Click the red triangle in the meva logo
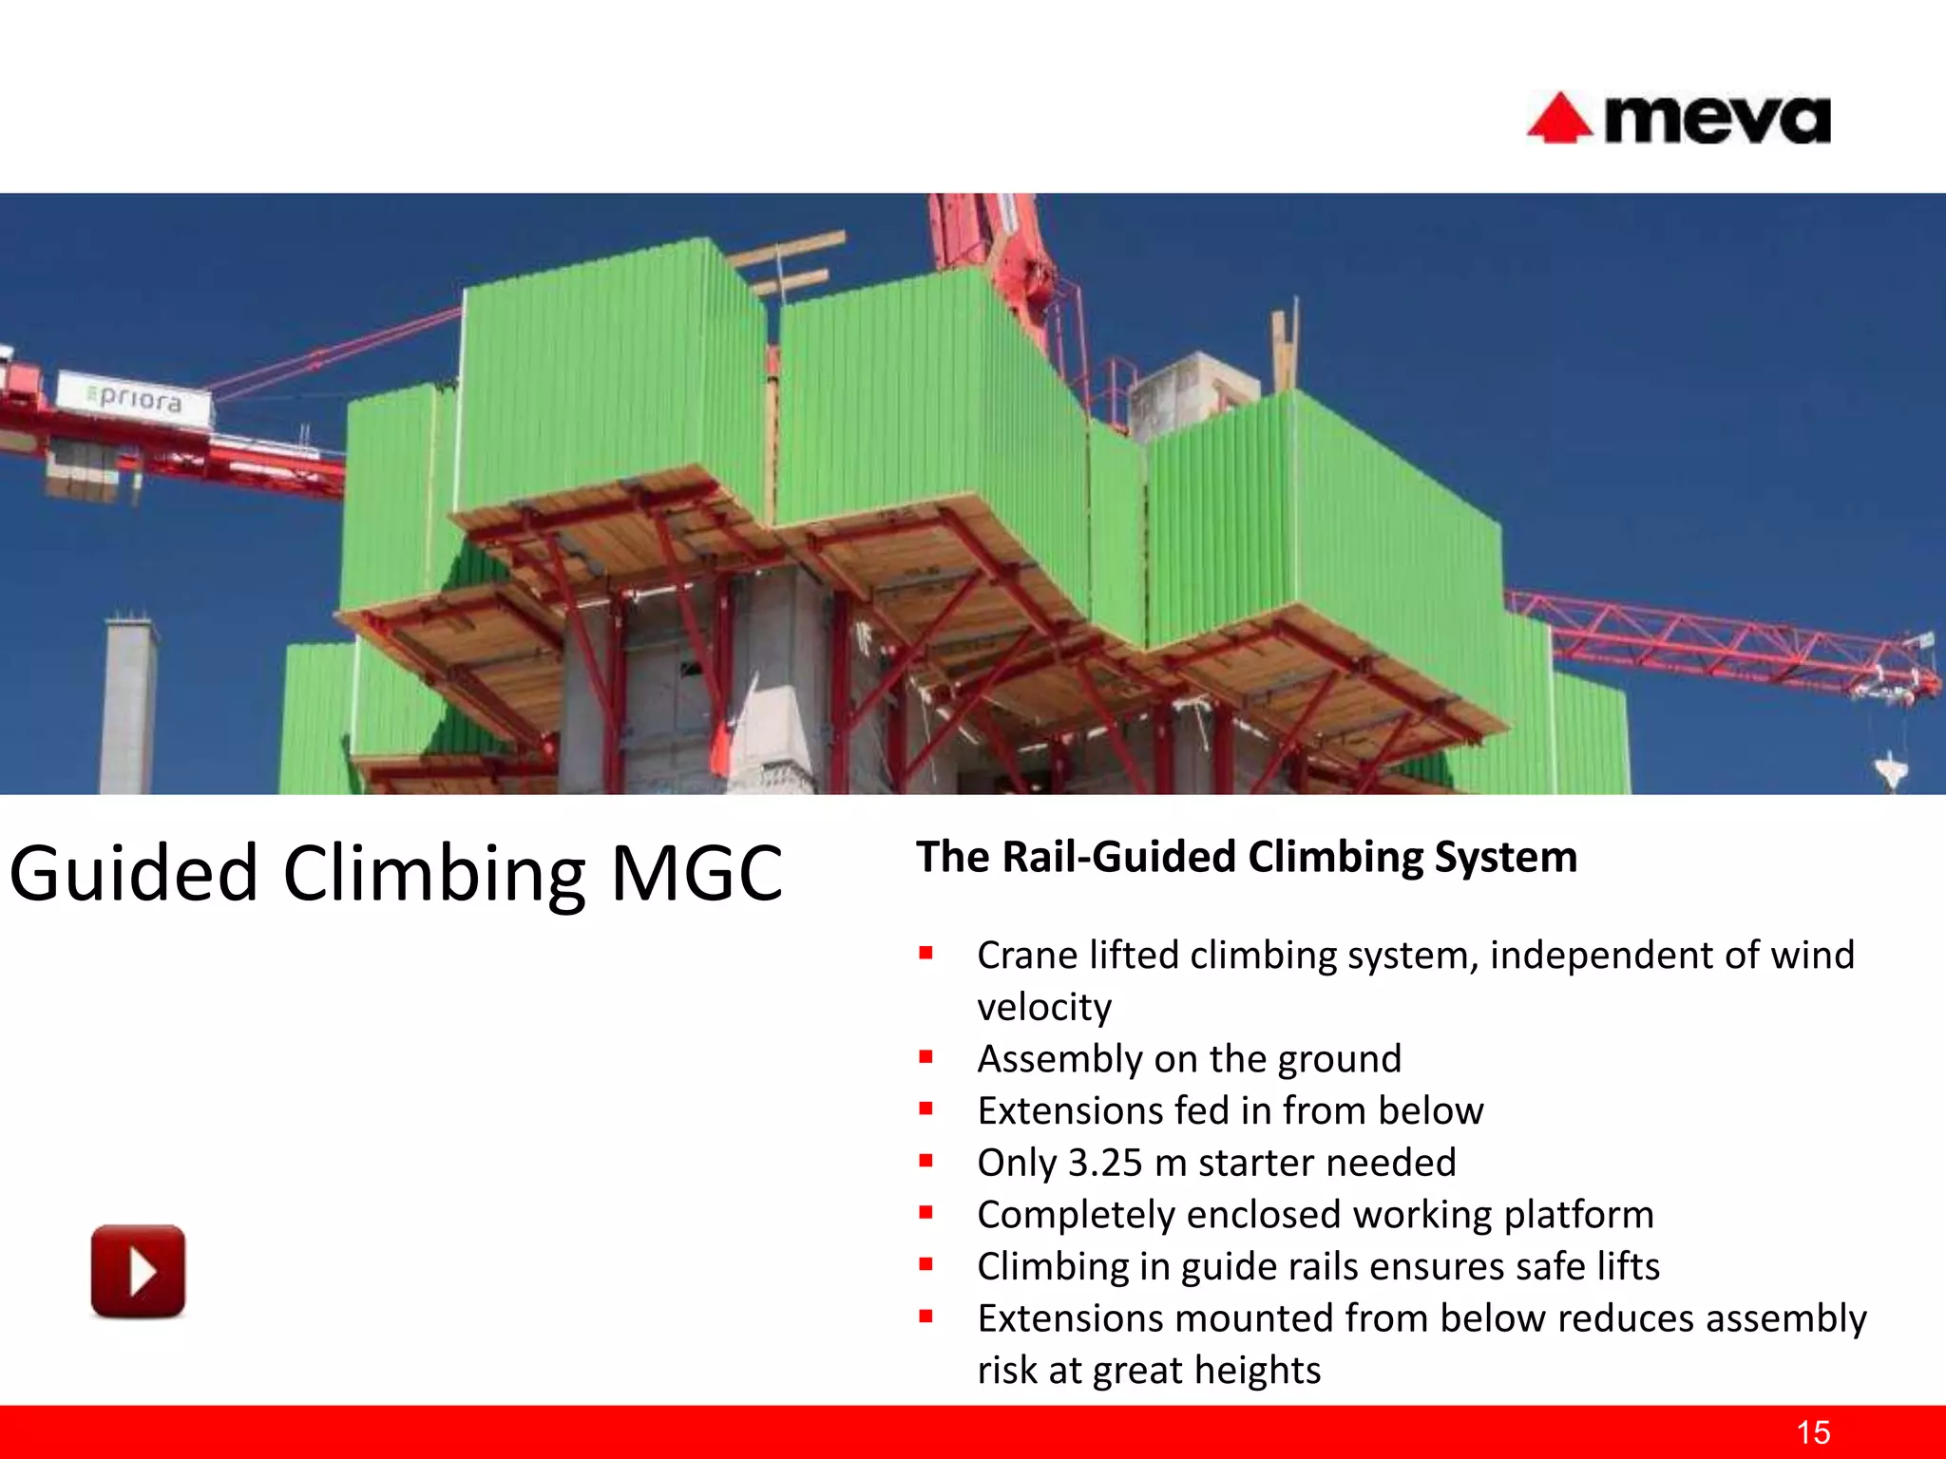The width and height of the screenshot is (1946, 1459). [1558, 120]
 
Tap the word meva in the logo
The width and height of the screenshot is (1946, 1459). [1716, 121]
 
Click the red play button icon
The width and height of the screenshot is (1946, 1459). [138, 1271]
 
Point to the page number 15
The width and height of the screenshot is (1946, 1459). [1813, 1432]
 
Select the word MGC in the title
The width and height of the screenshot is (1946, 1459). [696, 873]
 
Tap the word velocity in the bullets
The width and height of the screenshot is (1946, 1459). [1043, 1007]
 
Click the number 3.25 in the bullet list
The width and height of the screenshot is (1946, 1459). [1104, 1163]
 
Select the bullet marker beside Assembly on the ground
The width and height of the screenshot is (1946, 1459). [925, 1056]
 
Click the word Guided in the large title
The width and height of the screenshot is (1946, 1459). [133, 873]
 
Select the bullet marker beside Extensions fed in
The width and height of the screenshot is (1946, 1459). [925, 1108]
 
